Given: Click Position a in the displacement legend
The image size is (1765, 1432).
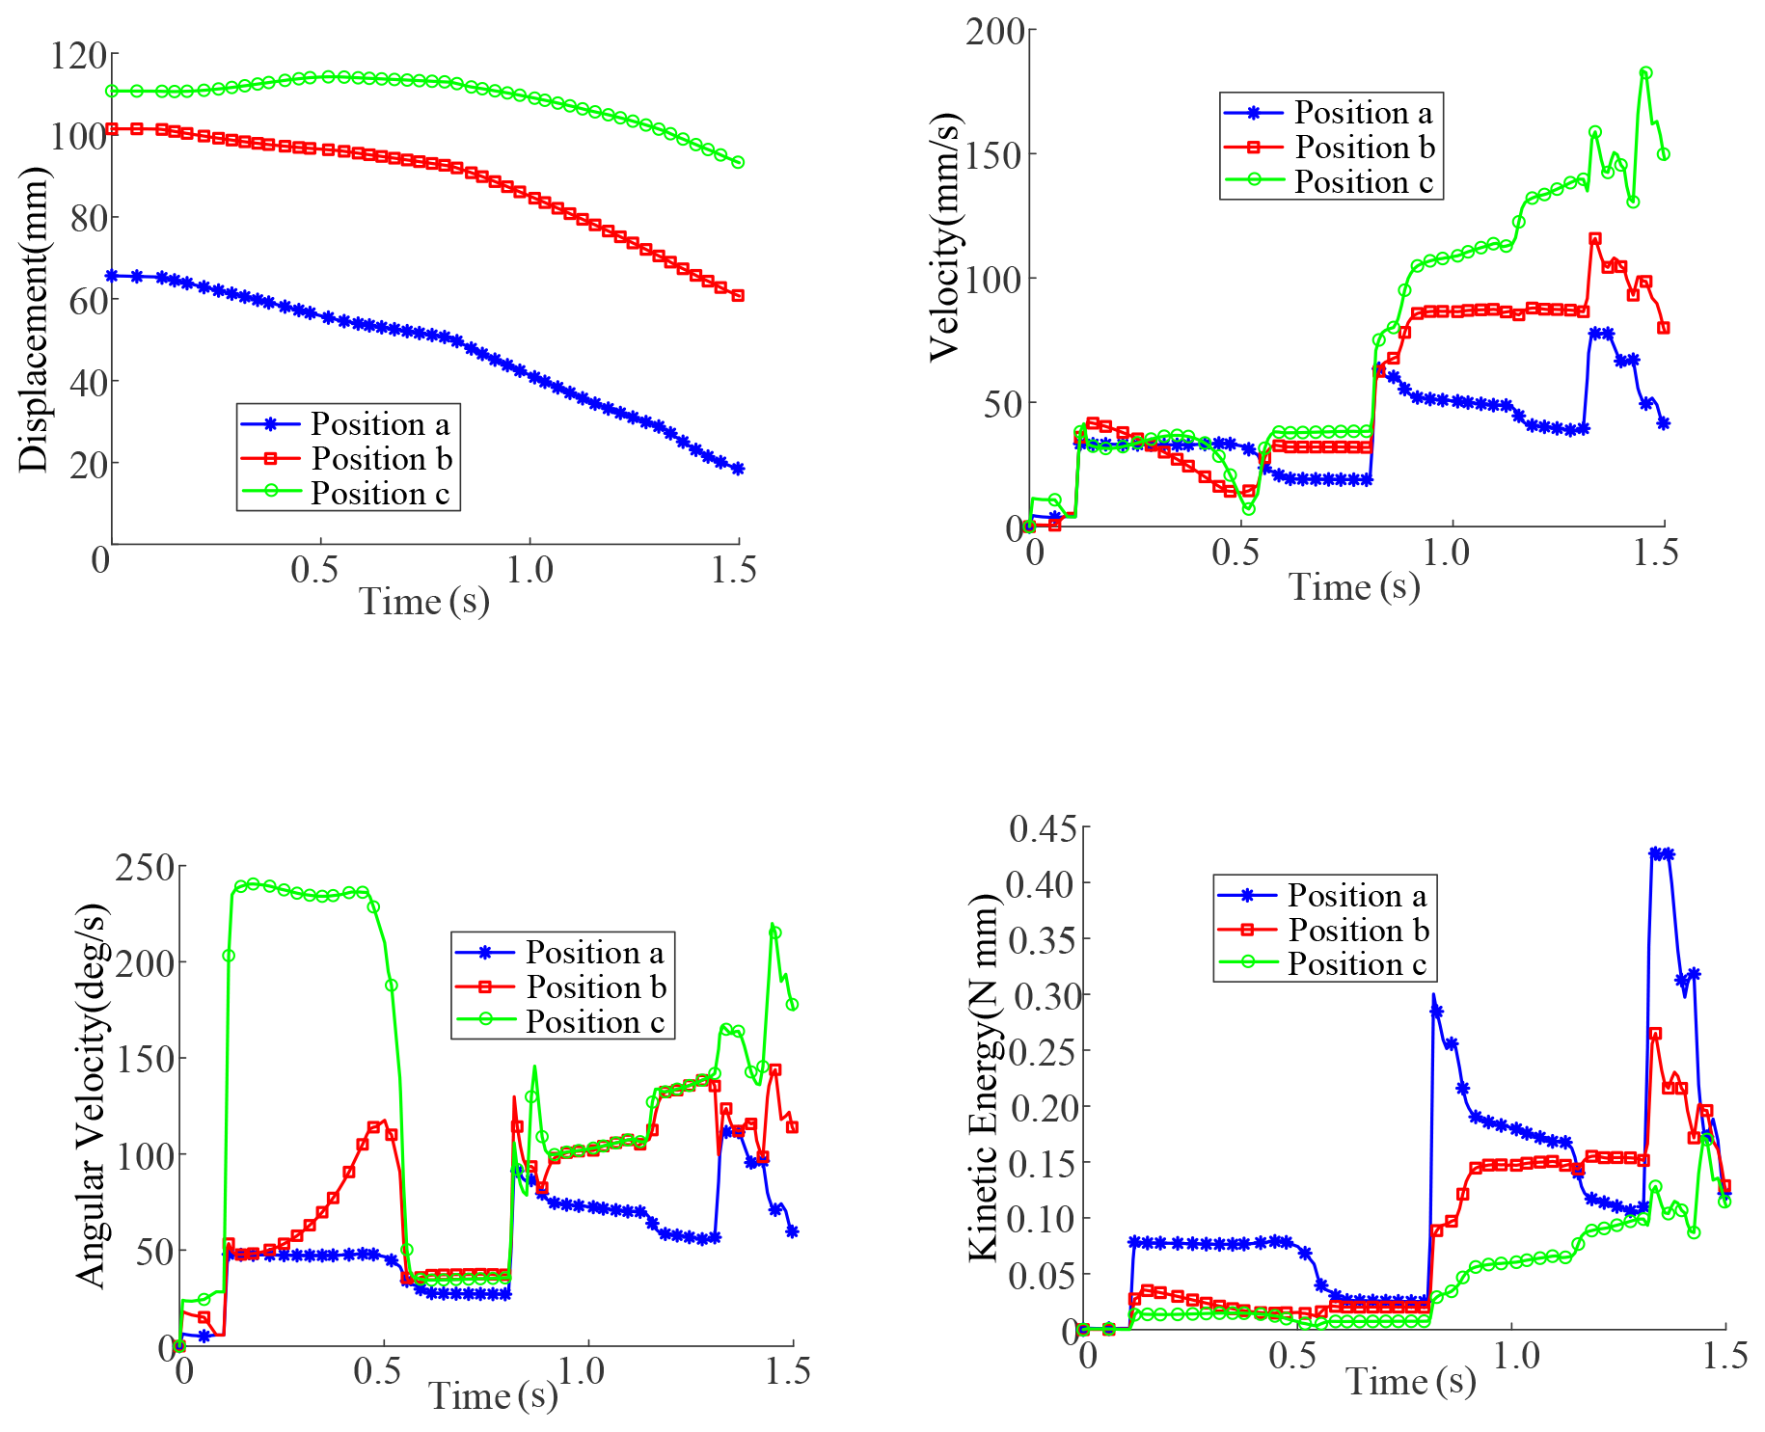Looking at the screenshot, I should tap(379, 424).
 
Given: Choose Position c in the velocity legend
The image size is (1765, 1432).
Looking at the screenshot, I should tap(1363, 182).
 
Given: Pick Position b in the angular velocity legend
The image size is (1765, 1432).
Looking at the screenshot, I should tap(595, 987).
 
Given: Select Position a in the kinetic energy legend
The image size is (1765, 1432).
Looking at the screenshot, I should tap(1356, 896).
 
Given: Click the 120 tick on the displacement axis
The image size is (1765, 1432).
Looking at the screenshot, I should tap(78, 56).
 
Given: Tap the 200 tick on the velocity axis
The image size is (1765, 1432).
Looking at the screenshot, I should tap(995, 31).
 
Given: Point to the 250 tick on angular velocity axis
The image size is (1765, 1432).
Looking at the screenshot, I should tap(145, 868).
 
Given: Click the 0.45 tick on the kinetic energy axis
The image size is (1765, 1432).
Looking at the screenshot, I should tap(1043, 828).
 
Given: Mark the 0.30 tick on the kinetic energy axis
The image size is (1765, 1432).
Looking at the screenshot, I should tap(1043, 995).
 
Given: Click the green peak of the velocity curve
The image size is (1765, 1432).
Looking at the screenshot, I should tap(1646, 73).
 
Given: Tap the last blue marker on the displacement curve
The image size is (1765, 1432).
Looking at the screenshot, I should tap(738, 470).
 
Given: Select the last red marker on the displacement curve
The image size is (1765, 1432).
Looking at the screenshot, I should tap(738, 296).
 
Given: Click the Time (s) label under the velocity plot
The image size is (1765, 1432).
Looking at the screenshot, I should tap(1354, 586).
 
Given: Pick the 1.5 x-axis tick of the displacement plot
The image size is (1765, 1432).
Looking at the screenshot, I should tap(734, 571).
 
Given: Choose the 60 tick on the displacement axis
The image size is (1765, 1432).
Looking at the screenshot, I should tap(88, 301).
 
